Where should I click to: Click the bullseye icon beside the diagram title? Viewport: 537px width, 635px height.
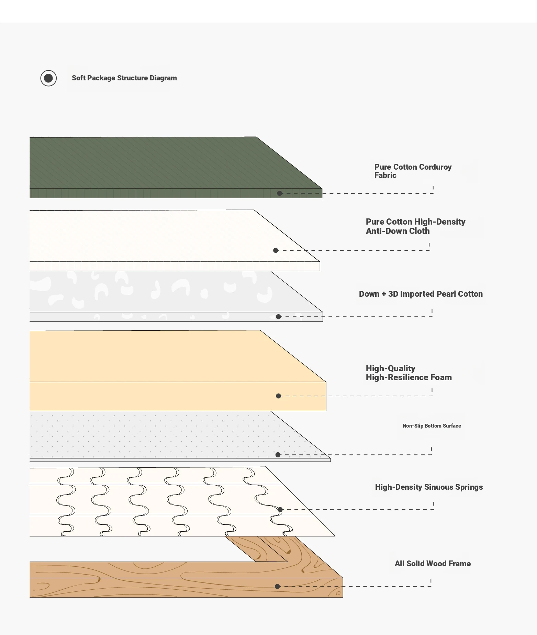[x=48, y=78]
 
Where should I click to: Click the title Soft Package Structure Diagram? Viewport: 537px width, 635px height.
[x=124, y=78]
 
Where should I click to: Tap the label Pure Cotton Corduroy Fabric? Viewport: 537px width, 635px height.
[x=413, y=171]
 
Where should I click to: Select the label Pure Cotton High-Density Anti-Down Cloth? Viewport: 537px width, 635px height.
[x=415, y=226]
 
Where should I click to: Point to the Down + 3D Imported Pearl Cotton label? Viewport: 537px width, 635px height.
[x=421, y=294]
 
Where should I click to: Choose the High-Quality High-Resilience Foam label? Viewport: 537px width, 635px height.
[x=409, y=373]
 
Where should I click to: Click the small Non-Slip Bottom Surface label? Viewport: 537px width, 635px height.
[x=432, y=426]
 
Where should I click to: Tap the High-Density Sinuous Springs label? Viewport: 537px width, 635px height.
[x=429, y=487]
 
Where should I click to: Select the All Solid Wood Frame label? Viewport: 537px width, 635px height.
[x=433, y=564]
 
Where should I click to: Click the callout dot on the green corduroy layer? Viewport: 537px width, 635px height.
[x=280, y=193]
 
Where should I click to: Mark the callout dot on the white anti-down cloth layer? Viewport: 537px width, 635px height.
[x=276, y=250]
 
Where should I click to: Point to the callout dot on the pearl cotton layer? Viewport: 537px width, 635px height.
[x=279, y=317]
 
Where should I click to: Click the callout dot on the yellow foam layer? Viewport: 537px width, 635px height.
[x=279, y=396]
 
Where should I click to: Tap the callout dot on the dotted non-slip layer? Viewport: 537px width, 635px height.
[x=278, y=455]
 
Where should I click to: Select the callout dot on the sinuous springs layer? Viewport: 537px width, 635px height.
[x=280, y=510]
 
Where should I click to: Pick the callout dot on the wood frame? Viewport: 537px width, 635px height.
[x=277, y=587]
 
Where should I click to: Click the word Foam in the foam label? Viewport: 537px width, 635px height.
[x=441, y=377]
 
